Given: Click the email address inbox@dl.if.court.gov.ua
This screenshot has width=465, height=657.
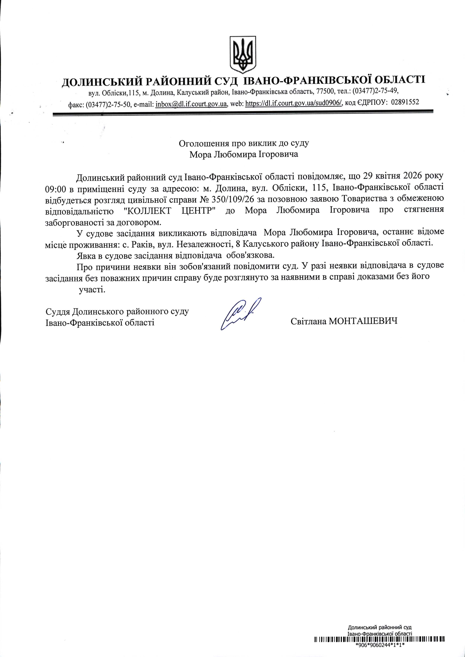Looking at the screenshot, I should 191,104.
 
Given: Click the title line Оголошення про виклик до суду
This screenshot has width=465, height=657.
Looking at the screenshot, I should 244,143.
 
